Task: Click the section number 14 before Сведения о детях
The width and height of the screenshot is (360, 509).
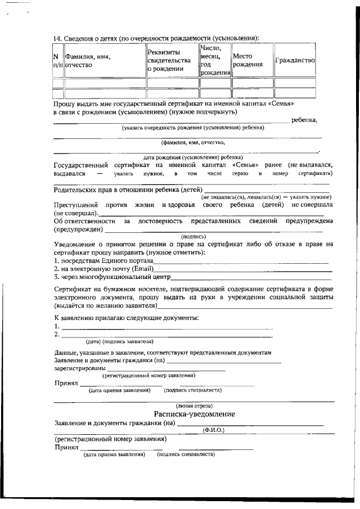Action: click(x=57, y=38)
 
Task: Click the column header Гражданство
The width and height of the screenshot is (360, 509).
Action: click(x=295, y=60)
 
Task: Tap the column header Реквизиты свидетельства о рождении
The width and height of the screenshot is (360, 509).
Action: click(x=172, y=60)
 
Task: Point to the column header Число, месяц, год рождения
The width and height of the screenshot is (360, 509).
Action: click(x=215, y=60)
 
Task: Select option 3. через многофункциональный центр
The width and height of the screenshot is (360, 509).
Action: click(x=112, y=277)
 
